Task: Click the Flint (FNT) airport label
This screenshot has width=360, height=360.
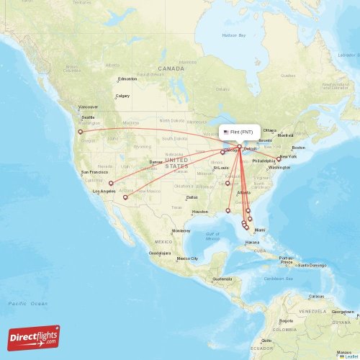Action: tap(239, 132)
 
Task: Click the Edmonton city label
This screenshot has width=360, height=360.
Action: tap(127, 79)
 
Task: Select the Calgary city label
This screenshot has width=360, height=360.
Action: tap(122, 96)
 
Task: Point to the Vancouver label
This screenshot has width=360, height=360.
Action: tap(88, 107)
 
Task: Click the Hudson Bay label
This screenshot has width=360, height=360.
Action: tap(234, 35)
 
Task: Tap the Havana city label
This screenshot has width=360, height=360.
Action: tap(252, 243)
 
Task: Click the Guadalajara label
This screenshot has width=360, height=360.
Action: tap(159, 253)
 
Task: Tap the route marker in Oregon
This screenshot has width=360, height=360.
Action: tap(81, 132)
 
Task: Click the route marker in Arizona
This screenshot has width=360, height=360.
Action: tap(125, 197)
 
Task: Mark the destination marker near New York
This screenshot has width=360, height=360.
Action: tap(279, 159)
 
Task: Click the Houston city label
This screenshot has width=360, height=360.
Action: tap(200, 212)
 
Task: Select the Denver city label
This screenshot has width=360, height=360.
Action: tap(156, 162)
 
